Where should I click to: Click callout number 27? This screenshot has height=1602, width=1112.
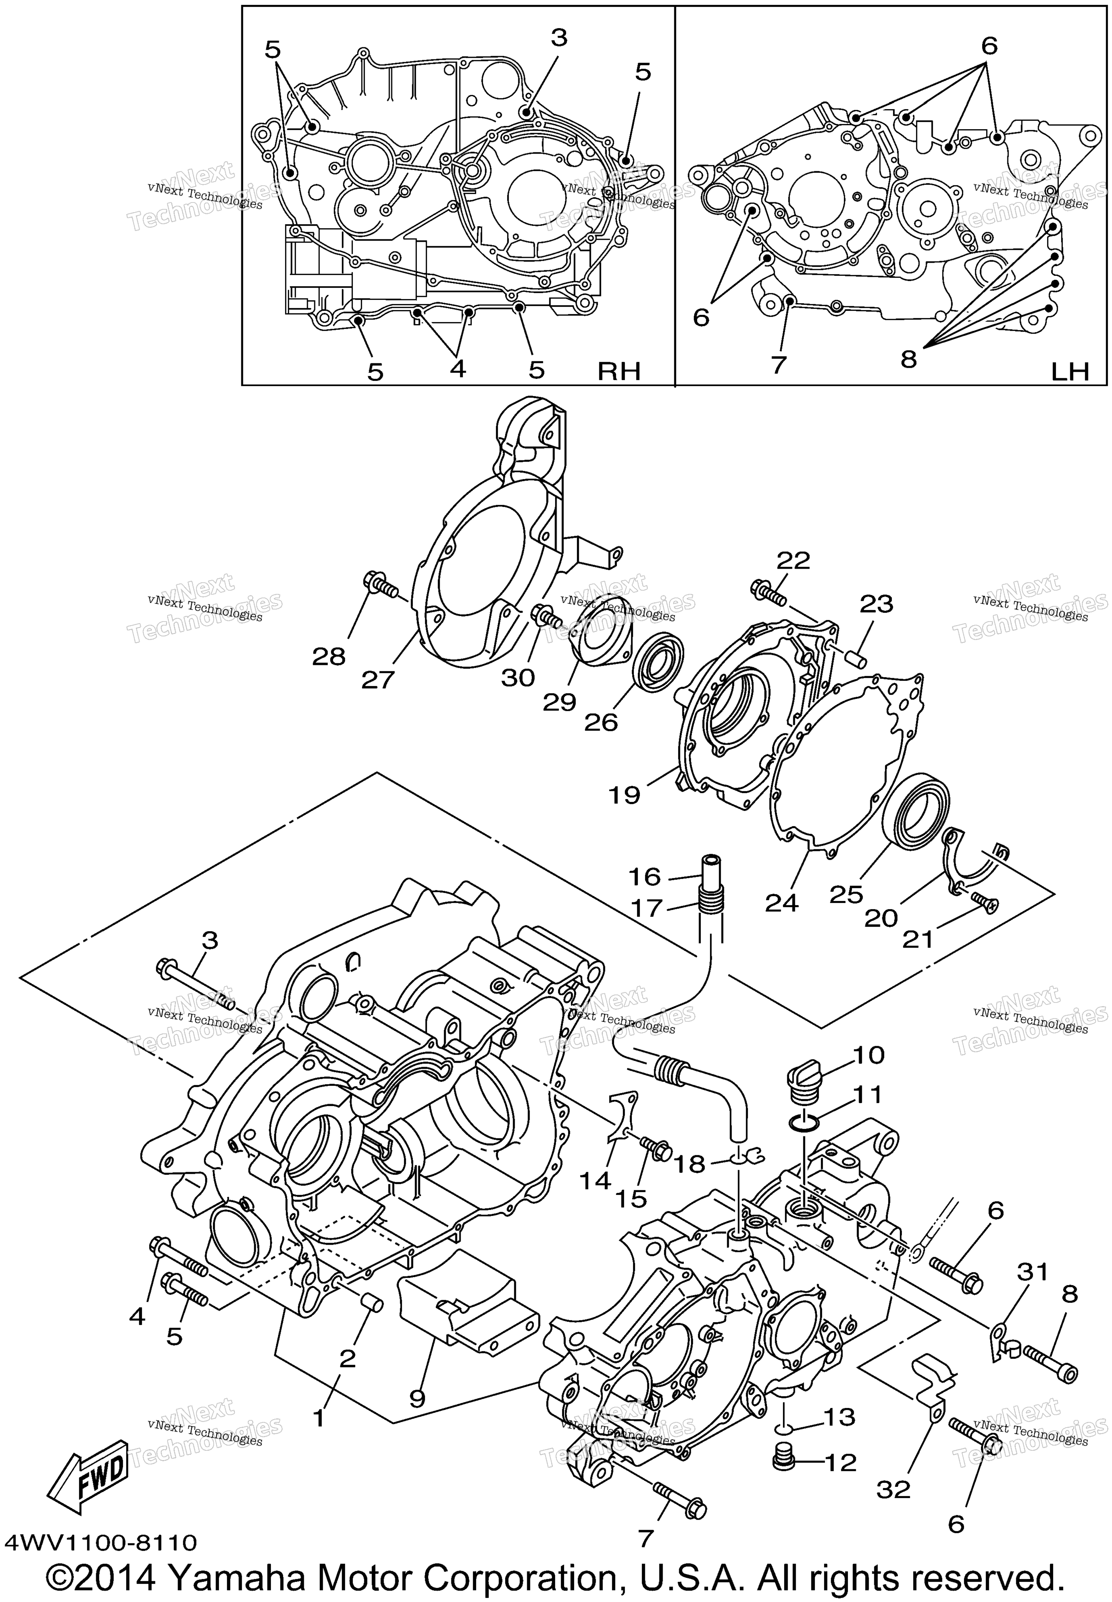(378, 679)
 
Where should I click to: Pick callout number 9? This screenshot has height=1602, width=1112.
(416, 1393)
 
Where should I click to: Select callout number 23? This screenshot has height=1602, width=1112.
(876, 604)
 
